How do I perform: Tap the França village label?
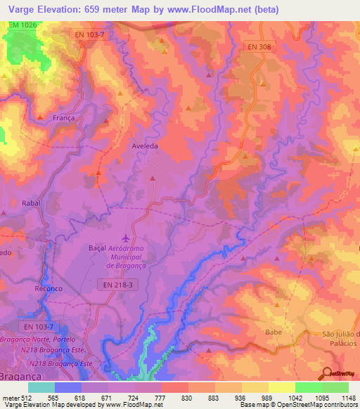click(63, 119)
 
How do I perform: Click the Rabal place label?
click(32, 203)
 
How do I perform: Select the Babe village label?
click(274, 331)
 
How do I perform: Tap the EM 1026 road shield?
click(22, 25)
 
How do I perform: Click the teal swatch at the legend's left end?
click(41, 387)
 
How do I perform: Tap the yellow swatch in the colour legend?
click(281, 387)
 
